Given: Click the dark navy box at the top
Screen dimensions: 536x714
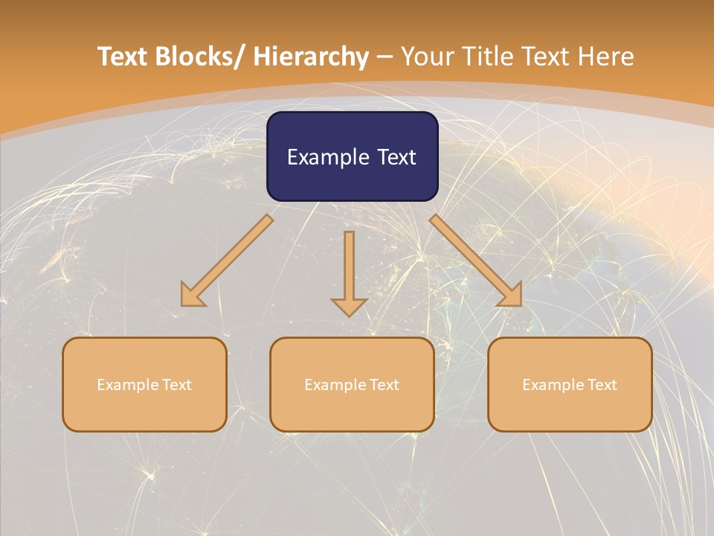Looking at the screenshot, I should pyautogui.click(x=352, y=156).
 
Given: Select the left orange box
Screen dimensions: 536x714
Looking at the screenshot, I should pyautogui.click(x=144, y=384).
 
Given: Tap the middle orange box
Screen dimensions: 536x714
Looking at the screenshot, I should pyautogui.click(x=352, y=384).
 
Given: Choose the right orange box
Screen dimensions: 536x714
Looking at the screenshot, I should pyautogui.click(x=570, y=384).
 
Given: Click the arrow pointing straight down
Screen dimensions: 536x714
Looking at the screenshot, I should pyautogui.click(x=349, y=272).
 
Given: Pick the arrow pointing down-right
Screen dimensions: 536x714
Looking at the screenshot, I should pyautogui.click(x=476, y=261).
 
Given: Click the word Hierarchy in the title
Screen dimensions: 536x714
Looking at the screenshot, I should pyautogui.click(x=311, y=57).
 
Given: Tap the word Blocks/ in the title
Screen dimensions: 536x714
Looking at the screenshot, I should pyautogui.click(x=201, y=57).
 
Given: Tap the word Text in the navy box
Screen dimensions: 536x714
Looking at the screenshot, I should pyautogui.click(x=396, y=157).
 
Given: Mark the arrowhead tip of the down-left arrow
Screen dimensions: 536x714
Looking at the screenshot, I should pyautogui.click(x=183, y=304).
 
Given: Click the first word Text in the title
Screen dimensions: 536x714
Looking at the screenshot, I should pyautogui.click(x=123, y=57).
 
